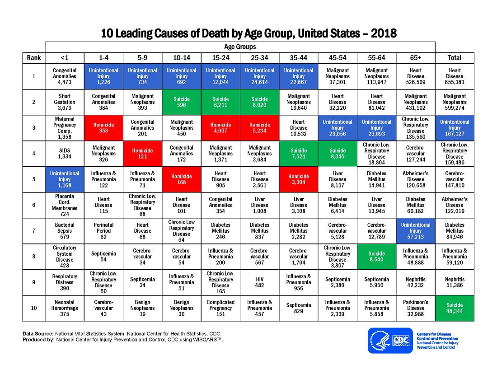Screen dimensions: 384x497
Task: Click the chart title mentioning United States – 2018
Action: (248, 33)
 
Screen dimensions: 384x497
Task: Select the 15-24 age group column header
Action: (220, 58)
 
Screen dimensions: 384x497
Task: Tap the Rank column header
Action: (34, 58)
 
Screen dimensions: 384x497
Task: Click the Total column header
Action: (454, 58)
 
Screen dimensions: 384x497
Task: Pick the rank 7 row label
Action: (34, 231)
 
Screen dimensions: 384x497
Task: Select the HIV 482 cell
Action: (259, 282)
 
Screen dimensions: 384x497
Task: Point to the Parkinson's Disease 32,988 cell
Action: (415, 308)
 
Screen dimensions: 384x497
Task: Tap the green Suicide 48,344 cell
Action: (454, 308)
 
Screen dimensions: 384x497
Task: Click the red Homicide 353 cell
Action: (103, 128)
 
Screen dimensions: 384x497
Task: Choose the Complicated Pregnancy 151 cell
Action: (220, 308)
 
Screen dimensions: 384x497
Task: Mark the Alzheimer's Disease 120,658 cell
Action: (415, 179)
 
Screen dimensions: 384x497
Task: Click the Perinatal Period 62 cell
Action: (103, 231)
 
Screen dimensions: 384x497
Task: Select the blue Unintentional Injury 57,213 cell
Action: (415, 231)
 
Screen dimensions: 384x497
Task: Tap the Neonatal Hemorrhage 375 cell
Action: (65, 308)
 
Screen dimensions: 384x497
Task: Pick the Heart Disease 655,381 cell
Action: (454, 76)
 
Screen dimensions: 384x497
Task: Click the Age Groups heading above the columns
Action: (239, 47)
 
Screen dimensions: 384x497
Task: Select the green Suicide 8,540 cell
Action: (376, 257)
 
